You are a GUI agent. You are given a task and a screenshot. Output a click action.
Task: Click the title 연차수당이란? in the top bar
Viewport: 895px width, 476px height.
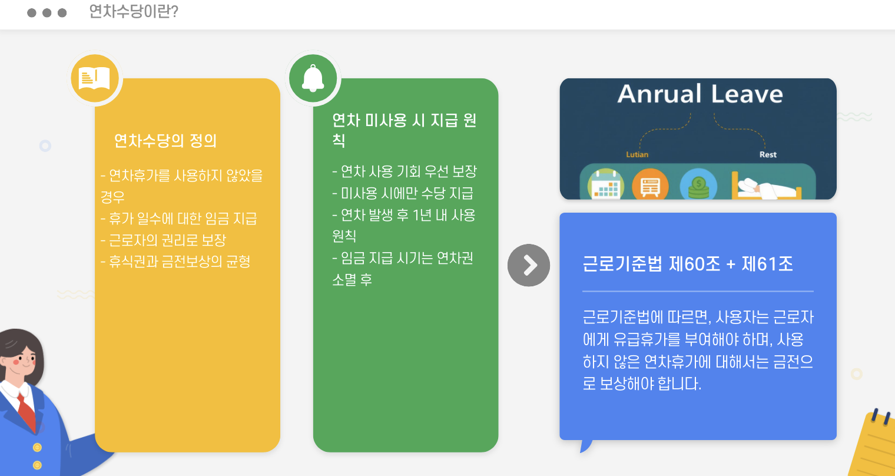click(x=134, y=12)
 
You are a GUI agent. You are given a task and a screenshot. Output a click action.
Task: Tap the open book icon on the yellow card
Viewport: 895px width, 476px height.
click(x=95, y=78)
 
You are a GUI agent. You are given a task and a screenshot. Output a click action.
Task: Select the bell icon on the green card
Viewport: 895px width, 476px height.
click(x=313, y=78)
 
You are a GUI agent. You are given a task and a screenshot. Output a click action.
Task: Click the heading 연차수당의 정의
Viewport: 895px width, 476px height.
click(x=165, y=141)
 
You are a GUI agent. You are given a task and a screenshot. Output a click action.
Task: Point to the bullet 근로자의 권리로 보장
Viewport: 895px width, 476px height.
click(x=164, y=240)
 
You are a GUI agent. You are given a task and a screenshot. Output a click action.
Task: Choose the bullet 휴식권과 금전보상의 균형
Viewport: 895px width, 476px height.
click(x=176, y=262)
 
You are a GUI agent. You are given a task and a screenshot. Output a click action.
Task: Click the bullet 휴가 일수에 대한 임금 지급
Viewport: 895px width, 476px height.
click(x=179, y=219)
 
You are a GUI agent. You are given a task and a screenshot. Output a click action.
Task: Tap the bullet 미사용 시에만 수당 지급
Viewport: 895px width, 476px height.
click(x=403, y=193)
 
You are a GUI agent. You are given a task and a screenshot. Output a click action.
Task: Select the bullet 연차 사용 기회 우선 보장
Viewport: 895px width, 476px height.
click(x=405, y=171)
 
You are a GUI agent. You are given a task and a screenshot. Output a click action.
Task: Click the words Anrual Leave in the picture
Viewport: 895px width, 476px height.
click(x=700, y=94)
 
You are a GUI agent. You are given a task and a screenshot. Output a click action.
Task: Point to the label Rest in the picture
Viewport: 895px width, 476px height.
click(x=768, y=154)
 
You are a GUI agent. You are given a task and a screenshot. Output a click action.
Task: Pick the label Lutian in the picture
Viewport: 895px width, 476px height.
click(x=637, y=154)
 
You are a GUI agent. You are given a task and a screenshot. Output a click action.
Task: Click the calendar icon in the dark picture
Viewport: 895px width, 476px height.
click(x=606, y=185)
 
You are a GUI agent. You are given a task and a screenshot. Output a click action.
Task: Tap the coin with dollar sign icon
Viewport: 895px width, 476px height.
click(x=698, y=185)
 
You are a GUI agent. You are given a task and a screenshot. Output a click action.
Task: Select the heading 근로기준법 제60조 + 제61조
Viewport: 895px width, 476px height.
click(x=687, y=264)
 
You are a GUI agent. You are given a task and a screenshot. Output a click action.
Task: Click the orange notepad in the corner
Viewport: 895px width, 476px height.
click(x=874, y=445)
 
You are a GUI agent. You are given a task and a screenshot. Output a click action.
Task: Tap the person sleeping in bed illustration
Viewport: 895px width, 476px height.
click(x=765, y=187)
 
